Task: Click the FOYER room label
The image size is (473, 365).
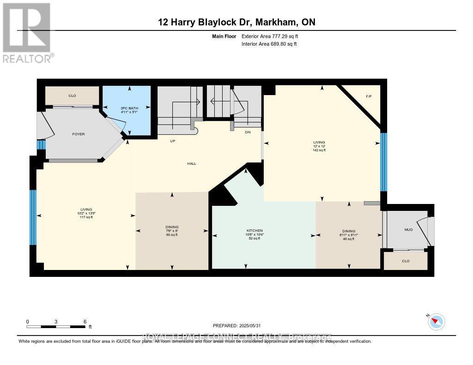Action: [x=78, y=134]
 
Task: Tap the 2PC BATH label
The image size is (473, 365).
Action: [x=126, y=108]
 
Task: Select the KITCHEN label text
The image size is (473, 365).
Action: [x=255, y=230]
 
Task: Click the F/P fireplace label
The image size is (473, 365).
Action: [x=369, y=96]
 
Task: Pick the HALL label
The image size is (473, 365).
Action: [x=192, y=163]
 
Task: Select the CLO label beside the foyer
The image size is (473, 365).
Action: [x=72, y=96]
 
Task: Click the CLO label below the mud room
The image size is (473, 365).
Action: [x=406, y=261]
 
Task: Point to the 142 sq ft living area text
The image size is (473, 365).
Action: [x=319, y=150]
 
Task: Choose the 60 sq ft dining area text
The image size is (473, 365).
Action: [x=172, y=235]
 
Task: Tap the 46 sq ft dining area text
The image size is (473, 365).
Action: [x=349, y=239]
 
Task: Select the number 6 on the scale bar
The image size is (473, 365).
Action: [x=85, y=322]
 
